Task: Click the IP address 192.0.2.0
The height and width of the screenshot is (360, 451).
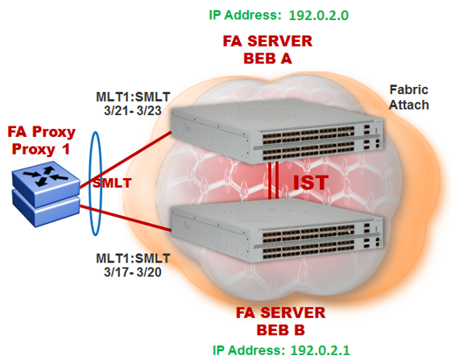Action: click(319, 15)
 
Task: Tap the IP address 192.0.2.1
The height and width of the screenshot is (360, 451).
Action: click(321, 350)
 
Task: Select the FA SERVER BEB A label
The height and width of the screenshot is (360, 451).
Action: click(267, 50)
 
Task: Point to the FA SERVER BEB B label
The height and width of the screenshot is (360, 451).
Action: click(280, 321)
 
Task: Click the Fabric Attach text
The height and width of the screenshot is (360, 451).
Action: click(409, 97)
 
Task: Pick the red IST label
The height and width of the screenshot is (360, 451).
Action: click(311, 183)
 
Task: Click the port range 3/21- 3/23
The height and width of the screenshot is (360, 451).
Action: click(133, 110)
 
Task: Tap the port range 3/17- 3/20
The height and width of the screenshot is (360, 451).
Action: click(133, 272)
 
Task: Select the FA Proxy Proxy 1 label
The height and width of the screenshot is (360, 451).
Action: click(41, 140)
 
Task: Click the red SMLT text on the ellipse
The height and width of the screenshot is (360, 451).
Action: click(112, 183)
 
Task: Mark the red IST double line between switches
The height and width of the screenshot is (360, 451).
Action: click(273, 180)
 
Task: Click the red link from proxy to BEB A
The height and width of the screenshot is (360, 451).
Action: click(126, 160)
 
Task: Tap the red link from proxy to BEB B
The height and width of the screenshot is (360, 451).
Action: click(126, 218)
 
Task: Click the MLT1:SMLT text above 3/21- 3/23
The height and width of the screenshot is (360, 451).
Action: click(133, 97)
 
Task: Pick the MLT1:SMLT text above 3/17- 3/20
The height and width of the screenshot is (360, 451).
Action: click(133, 259)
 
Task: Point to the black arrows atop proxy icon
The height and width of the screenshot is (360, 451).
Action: click(45, 176)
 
